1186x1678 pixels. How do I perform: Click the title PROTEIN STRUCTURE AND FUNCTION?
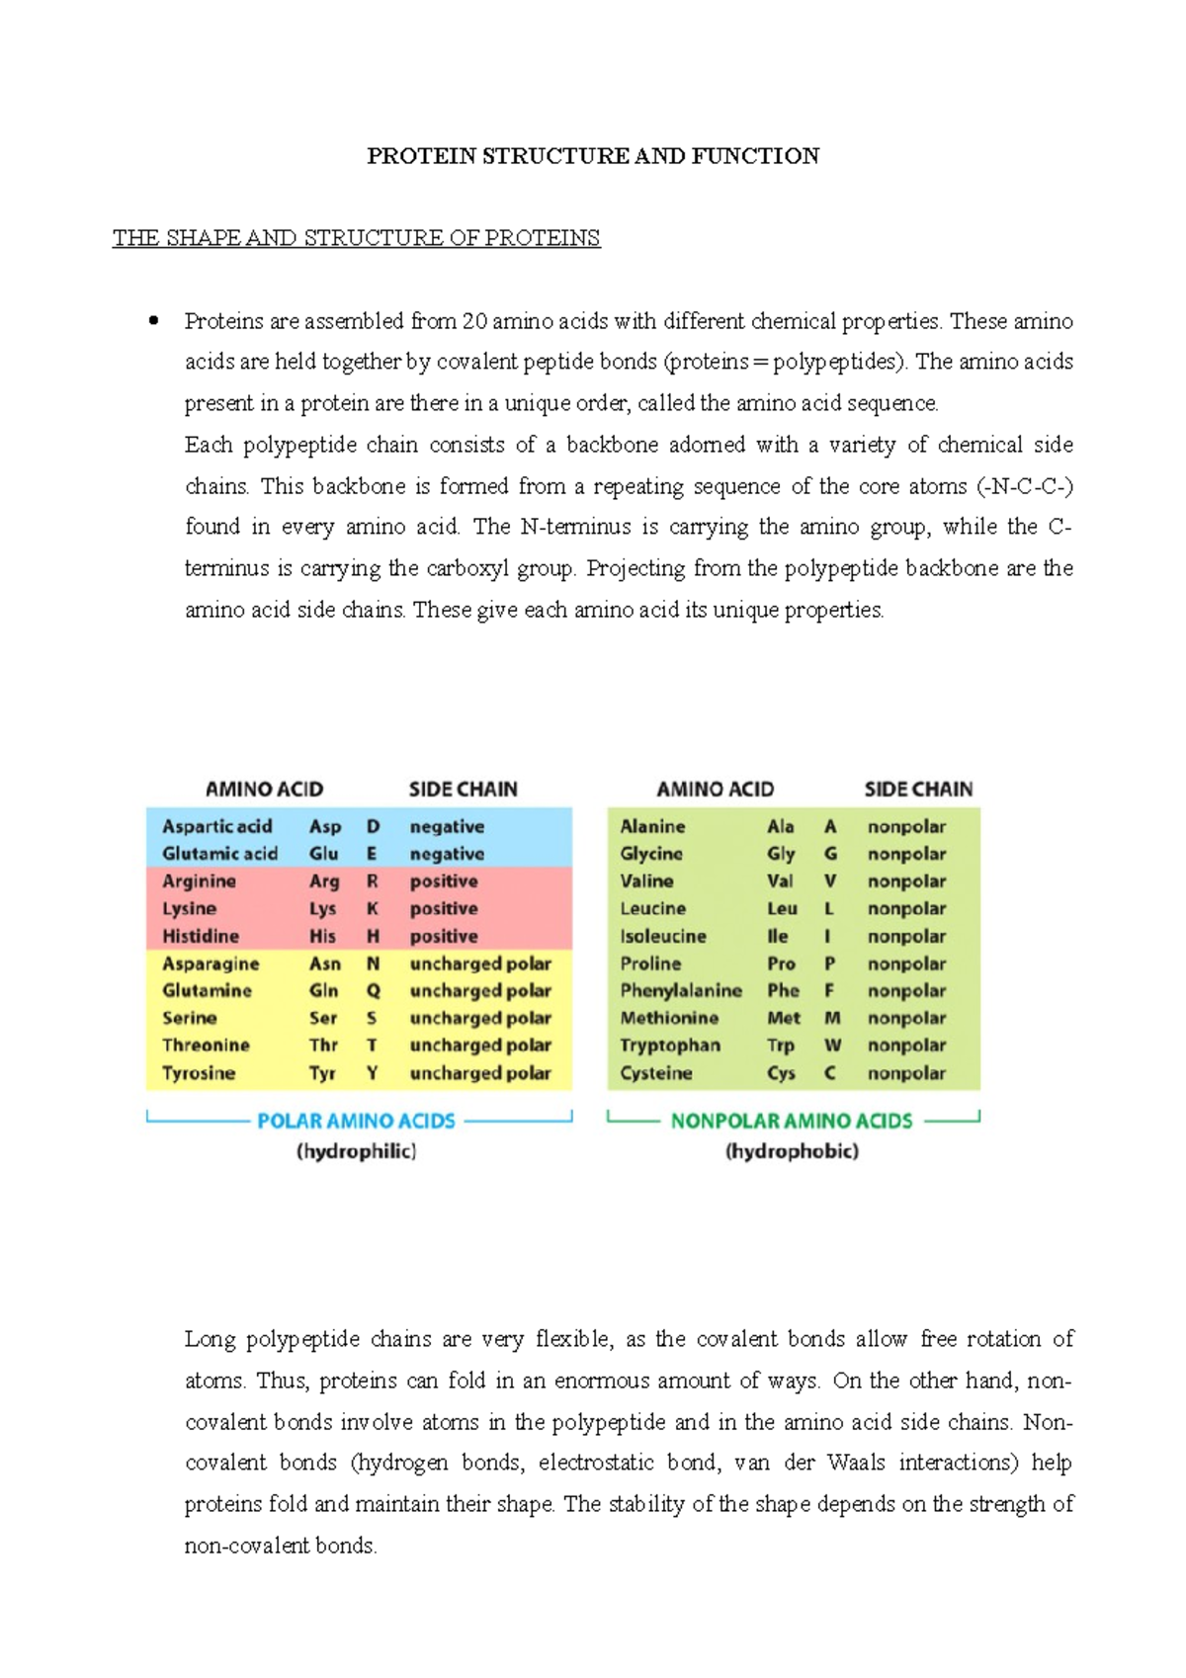tap(593, 156)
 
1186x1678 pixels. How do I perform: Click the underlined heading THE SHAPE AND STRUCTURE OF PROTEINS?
tap(356, 238)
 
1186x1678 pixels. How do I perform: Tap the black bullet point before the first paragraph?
tap(153, 320)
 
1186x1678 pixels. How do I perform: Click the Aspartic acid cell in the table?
tap(216, 826)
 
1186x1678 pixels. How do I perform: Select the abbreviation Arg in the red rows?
tap(324, 881)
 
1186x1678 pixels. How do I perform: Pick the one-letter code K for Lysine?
tap(373, 908)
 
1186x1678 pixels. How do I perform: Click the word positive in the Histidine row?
tap(444, 936)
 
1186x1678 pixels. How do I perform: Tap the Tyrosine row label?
tap(199, 1072)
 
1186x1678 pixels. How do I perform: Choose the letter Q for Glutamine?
tap(373, 990)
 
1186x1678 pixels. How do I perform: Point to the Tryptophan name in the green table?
tap(669, 1045)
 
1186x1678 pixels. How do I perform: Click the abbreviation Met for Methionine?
tap(783, 1018)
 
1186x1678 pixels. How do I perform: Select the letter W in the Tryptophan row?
tap(832, 1045)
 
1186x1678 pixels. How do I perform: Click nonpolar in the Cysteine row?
tap(906, 1072)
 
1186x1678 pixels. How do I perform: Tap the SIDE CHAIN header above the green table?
tap(918, 789)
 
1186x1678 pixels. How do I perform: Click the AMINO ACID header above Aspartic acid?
tap(264, 789)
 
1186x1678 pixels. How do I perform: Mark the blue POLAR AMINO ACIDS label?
tap(356, 1121)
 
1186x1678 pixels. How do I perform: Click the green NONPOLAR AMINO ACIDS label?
tap(791, 1121)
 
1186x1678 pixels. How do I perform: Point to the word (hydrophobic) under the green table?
tap(792, 1151)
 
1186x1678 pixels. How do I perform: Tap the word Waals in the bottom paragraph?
tap(856, 1463)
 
